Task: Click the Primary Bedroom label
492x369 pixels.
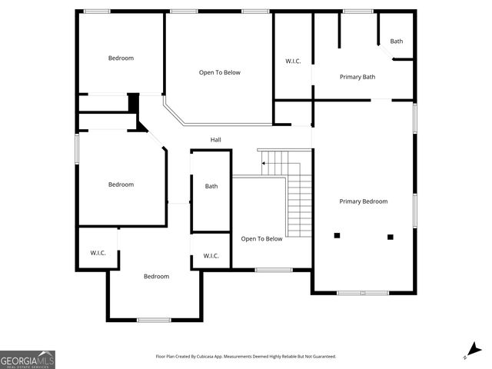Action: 364,201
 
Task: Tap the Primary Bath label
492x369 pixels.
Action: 357,77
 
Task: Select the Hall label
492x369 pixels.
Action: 216,140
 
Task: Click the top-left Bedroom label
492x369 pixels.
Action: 121,58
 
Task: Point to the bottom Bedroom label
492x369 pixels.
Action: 156,277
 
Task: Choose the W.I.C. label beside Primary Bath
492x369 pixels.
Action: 293,61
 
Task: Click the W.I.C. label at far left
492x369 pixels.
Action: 98,253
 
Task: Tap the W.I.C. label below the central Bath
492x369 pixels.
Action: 211,256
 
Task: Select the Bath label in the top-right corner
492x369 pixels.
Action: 396,42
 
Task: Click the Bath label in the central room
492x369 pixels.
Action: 211,186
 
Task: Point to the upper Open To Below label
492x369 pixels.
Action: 220,73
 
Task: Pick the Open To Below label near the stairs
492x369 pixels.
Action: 261,239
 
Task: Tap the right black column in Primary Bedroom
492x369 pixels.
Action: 390,237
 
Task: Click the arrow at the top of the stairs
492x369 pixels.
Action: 264,163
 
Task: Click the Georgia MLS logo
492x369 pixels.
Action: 28,360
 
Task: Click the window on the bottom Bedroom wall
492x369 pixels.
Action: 154,319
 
